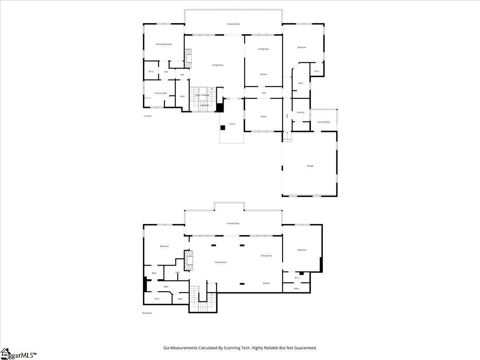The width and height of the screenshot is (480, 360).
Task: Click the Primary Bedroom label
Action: [x=164, y=44]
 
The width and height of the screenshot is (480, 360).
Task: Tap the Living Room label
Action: [x=218, y=65]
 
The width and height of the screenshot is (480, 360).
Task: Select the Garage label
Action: [x=310, y=166]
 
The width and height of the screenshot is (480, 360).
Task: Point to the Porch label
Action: [x=232, y=124]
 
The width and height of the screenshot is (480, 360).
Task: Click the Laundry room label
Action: [x=300, y=112]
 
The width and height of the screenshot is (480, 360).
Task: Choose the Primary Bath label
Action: [x=161, y=93]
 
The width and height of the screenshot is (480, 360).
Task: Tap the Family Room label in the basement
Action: [x=221, y=262]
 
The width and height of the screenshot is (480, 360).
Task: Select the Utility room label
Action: [x=296, y=288]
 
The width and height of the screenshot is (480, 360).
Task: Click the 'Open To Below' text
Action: [x=202, y=95]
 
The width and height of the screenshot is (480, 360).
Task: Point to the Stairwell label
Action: [x=204, y=105]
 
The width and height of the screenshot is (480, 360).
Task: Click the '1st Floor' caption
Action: [x=148, y=116]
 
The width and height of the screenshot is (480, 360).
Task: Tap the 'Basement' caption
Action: [x=147, y=313]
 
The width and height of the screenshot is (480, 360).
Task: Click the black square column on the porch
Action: [x=223, y=128]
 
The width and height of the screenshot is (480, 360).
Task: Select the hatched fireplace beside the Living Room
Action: [x=188, y=58]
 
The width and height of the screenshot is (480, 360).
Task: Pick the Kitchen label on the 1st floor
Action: [x=264, y=74]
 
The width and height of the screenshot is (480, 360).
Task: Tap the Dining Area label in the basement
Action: [x=266, y=256]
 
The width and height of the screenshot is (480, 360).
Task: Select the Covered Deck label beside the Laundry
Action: [x=324, y=122]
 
